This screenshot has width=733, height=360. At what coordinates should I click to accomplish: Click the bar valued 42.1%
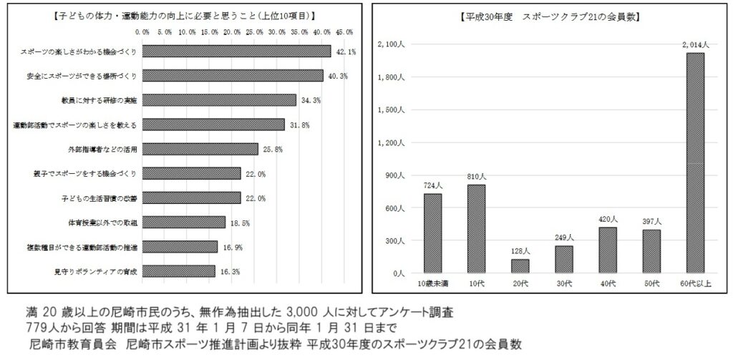click(x=236, y=52)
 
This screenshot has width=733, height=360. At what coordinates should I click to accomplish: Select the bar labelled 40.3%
click(x=232, y=76)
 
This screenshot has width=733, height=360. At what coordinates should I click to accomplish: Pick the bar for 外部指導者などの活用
click(x=200, y=149)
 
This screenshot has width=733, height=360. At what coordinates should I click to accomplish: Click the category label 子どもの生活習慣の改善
click(x=102, y=198)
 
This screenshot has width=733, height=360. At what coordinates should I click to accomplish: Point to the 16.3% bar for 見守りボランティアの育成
click(x=178, y=271)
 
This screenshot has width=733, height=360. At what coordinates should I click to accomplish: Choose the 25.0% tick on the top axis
click(x=254, y=32)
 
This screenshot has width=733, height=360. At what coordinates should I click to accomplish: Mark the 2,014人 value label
click(x=694, y=44)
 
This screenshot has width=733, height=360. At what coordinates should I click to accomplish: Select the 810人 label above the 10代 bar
click(x=476, y=176)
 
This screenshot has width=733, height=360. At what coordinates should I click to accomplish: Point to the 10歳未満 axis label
click(x=432, y=284)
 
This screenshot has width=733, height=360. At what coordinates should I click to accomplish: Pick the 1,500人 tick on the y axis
click(x=392, y=110)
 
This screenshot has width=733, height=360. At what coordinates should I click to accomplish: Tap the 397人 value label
click(x=651, y=221)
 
